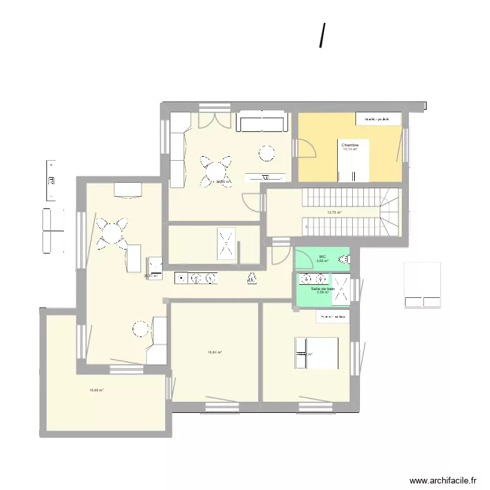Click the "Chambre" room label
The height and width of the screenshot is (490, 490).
click(x=350, y=144)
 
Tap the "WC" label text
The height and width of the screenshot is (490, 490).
click(x=322, y=256)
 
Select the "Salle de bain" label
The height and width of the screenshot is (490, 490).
click(x=323, y=288)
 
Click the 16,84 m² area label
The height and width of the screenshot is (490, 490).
click(x=215, y=352)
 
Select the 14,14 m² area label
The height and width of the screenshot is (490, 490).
click(x=350, y=150)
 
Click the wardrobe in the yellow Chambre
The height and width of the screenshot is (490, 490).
click(x=378, y=119)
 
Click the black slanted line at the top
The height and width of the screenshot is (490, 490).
click(x=322, y=36)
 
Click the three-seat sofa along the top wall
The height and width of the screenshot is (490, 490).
click(x=261, y=123)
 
